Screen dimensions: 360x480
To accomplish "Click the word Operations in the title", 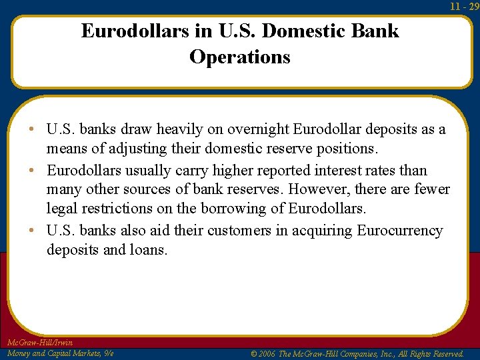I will (x=240, y=57).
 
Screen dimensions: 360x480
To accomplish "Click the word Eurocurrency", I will (x=400, y=231).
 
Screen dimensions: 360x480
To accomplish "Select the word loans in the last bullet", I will (x=153, y=249).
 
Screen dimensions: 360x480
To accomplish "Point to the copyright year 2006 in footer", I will (x=266, y=354).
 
